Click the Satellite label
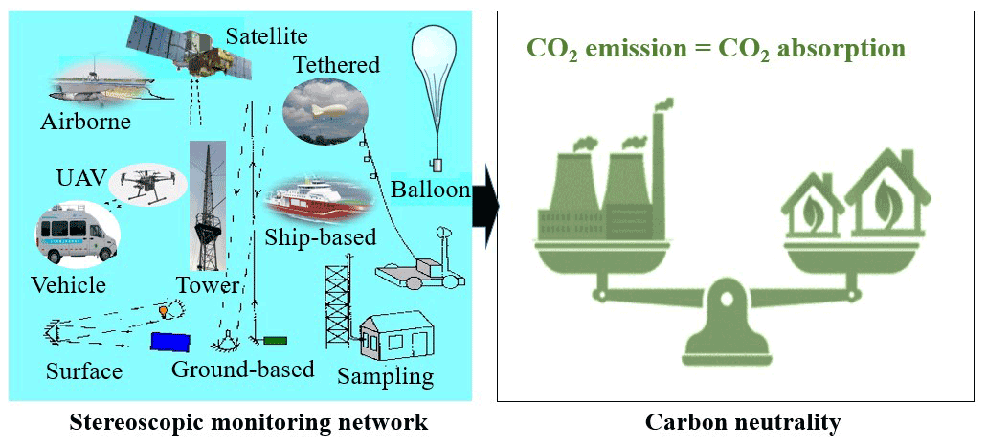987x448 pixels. pos(266,36)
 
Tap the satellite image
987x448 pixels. pos(191,54)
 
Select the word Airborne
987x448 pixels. pos(85,122)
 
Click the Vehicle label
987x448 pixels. pos(68,284)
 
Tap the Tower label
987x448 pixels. pos(206,284)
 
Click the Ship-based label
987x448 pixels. pos(321,236)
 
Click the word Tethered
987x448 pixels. pos(336,65)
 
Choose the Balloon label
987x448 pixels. pos(431,189)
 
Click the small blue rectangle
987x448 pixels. pos(169,341)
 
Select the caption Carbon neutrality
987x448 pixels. pos(742,422)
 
